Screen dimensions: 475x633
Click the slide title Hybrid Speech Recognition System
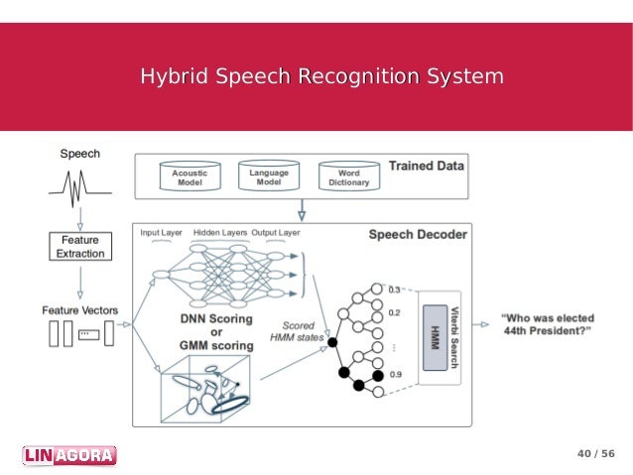[320, 76]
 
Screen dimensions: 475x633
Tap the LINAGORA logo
[68, 455]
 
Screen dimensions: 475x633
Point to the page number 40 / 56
[595, 454]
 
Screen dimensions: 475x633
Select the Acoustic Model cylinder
[190, 178]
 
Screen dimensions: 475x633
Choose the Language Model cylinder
[269, 178]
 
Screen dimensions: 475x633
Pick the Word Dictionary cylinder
[348, 178]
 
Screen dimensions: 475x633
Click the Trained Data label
[426, 166]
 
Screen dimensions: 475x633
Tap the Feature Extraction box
[80, 246]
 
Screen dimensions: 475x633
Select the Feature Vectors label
[79, 310]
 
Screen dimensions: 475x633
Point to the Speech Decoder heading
[418, 235]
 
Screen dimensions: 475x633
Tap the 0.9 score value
[395, 374]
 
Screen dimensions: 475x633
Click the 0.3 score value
[395, 289]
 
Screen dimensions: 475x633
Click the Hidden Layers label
[219, 232]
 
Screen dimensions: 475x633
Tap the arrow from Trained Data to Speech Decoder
[301, 211]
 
